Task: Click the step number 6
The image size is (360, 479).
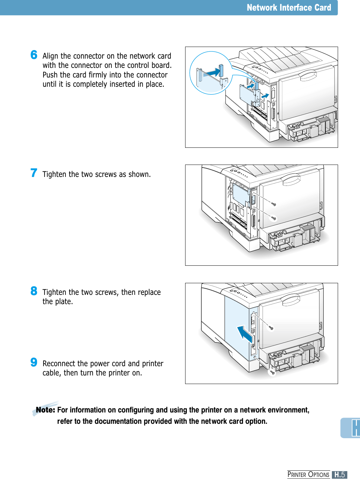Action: coord(34,55)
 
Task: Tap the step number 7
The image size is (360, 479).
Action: coord(34,173)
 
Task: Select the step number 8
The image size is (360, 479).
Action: coord(34,291)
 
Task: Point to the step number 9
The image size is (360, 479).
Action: coord(34,362)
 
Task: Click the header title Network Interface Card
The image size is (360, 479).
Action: coord(289,8)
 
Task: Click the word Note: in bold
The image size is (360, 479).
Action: coord(45,410)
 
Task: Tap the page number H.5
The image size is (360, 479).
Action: coord(339,475)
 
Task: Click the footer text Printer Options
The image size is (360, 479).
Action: coord(308,475)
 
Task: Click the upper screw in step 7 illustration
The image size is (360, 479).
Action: coord(274,204)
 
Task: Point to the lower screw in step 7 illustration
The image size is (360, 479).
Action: coord(274,218)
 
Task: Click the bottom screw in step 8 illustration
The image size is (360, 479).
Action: coord(272,372)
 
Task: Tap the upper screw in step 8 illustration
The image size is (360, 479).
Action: coord(271,328)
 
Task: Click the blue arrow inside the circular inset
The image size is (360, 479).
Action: coord(213,72)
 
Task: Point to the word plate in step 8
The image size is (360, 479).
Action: coord(63,302)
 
